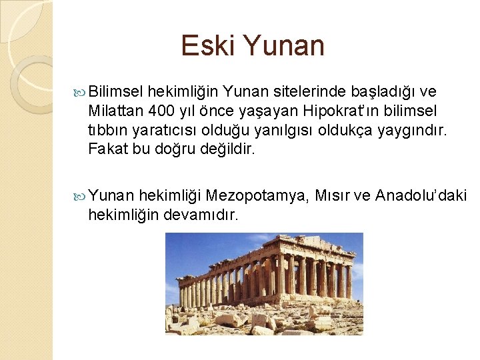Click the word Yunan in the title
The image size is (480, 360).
click(x=283, y=46)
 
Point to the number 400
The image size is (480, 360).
click(x=163, y=110)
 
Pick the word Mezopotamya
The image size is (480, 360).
click(x=257, y=195)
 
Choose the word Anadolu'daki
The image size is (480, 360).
click(x=421, y=195)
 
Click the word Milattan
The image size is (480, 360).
click(x=115, y=110)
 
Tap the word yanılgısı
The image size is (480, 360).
click(x=291, y=129)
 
